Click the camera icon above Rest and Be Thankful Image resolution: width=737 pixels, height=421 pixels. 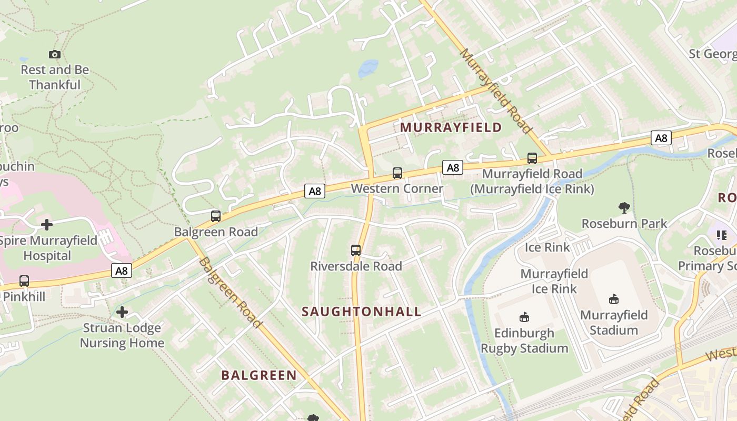[54, 54]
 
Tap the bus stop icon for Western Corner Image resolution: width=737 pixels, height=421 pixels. [397, 173]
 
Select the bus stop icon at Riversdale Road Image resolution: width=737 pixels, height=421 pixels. [356, 250]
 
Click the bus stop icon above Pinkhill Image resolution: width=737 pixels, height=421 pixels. [24, 281]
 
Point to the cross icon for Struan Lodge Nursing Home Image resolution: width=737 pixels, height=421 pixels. [122, 312]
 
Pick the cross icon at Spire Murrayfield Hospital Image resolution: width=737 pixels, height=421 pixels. [47, 225]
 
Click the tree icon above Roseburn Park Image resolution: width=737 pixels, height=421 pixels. [624, 208]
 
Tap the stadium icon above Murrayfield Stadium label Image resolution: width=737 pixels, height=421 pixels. [614, 299]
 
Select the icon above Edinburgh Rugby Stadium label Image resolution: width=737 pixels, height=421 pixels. [524, 317]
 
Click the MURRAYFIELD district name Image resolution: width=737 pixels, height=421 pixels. [451, 127]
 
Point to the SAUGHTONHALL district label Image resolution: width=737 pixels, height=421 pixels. [362, 312]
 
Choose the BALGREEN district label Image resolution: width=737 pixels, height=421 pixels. [259, 375]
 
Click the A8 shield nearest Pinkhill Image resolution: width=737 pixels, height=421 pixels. [122, 271]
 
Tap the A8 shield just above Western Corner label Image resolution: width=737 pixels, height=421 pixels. [453, 168]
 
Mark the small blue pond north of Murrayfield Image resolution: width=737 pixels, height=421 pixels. [368, 68]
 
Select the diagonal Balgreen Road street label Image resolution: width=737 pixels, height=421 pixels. [230, 293]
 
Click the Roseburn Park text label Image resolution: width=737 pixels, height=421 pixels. [624, 224]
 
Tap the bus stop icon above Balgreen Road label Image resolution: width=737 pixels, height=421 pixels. [216, 216]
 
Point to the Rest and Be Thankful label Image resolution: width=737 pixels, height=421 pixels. [55, 77]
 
